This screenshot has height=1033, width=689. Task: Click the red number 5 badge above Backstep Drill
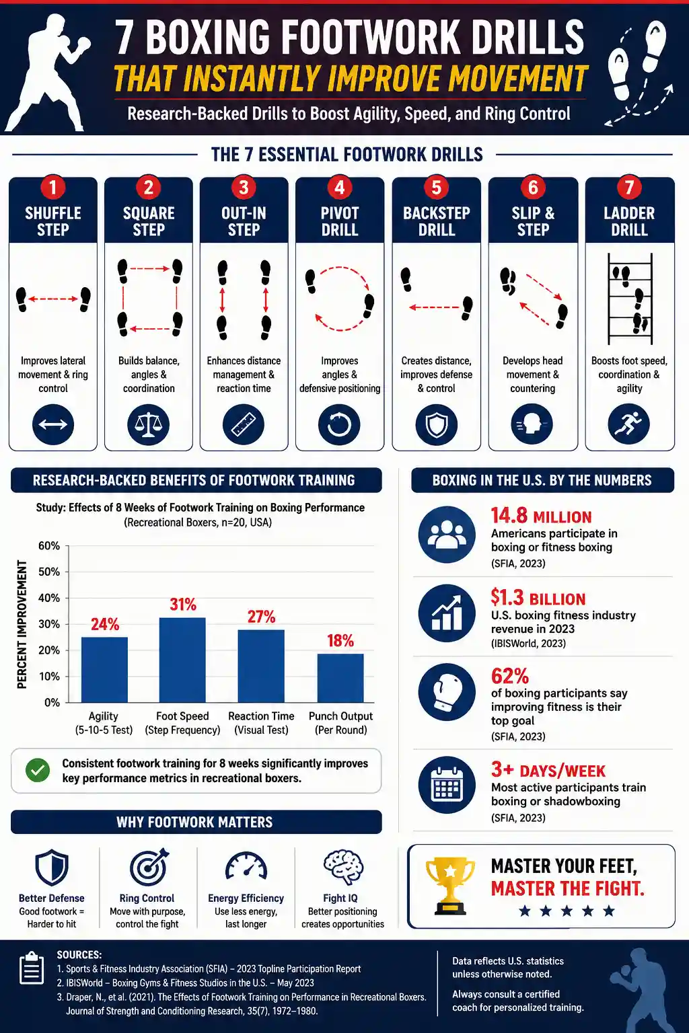[x=436, y=188]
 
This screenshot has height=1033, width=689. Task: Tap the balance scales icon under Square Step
[x=148, y=424]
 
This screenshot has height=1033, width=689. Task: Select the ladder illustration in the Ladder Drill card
[x=630, y=299]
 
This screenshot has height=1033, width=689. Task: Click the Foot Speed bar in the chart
[x=182, y=660]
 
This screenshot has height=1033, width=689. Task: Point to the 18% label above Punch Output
[x=340, y=640]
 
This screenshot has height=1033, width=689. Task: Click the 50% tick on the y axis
[x=49, y=572]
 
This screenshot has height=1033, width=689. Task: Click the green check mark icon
[x=38, y=770]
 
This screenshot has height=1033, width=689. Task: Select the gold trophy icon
[x=450, y=886]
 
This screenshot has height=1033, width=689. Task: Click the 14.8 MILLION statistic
[x=541, y=516]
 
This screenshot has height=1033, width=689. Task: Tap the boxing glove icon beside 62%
[x=447, y=692]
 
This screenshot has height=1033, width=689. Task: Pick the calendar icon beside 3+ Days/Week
[x=447, y=784]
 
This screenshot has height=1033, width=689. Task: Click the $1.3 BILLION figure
[x=538, y=598]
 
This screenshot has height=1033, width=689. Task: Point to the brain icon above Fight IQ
[x=343, y=868]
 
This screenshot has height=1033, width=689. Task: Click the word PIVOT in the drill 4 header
[x=340, y=213]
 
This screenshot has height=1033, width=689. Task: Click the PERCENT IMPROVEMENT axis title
[x=22, y=624]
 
